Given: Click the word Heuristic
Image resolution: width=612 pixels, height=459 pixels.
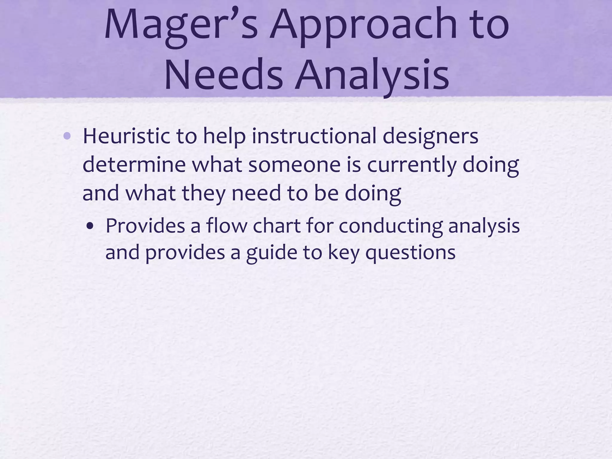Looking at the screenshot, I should click(x=125, y=136).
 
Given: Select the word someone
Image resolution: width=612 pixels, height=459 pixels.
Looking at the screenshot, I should click(x=294, y=165).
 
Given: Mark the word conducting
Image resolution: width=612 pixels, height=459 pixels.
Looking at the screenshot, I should click(x=390, y=227).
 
